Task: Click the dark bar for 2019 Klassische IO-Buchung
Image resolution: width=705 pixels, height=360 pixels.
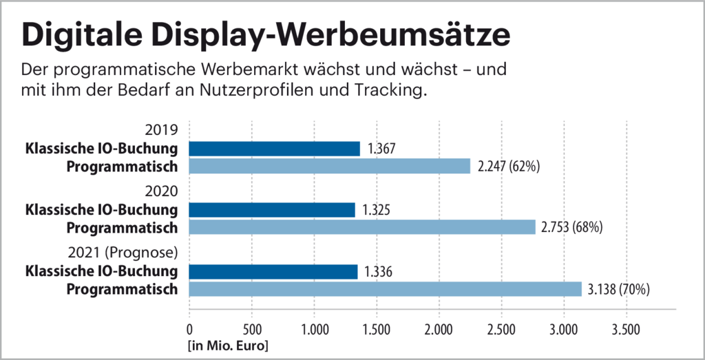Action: pos(274,149)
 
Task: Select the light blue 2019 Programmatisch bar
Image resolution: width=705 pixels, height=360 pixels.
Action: pos(329,166)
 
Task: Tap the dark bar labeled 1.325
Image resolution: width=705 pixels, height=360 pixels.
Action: pos(272,210)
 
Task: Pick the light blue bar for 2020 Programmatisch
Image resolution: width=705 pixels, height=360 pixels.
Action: pos(361,227)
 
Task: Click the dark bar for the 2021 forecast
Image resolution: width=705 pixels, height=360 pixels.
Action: pos(273,272)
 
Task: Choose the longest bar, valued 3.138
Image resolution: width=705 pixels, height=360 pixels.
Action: pos(385,289)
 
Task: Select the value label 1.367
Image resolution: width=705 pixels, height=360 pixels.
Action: pos(383,149)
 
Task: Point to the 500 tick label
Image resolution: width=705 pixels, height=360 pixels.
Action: pos(251,329)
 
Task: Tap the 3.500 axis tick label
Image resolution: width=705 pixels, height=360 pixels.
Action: pos(626,329)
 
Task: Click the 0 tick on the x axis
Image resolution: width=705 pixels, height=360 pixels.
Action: pos(189,329)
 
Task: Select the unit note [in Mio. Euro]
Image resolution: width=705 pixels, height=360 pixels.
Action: pos(227,344)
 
